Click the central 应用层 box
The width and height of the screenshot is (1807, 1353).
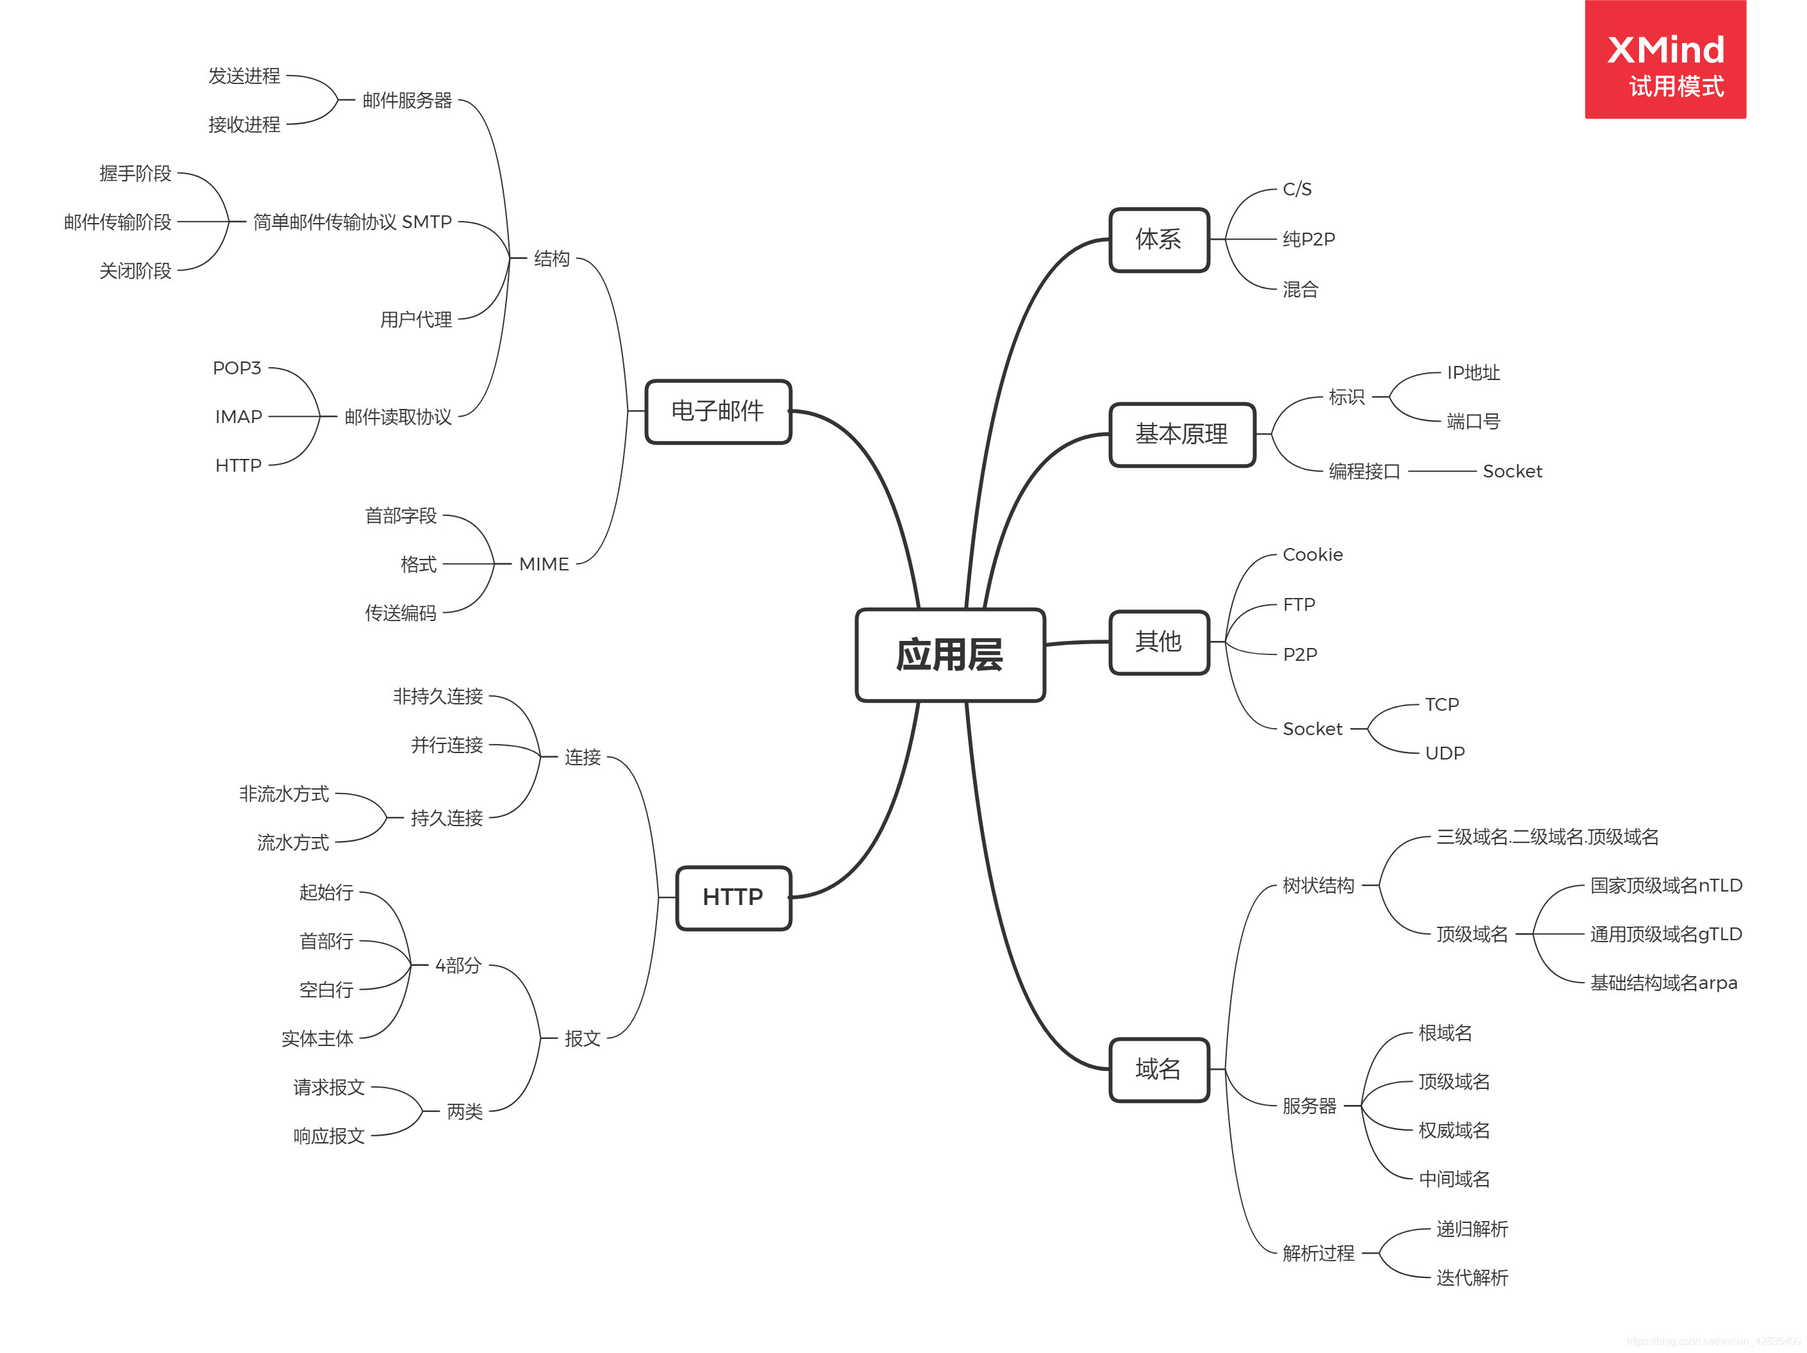949,654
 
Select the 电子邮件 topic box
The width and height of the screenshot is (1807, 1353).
717,411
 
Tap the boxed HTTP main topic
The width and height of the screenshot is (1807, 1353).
733,897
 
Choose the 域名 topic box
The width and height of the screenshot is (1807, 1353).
1158,1068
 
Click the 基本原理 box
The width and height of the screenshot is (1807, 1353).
1181,434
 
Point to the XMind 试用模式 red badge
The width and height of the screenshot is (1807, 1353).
1665,60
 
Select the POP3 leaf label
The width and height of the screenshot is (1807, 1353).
237,368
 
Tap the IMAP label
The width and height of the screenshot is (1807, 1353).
238,417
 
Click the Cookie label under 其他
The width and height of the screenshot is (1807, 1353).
1312,555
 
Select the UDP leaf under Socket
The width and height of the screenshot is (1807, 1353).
1444,753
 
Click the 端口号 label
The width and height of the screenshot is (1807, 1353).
1473,422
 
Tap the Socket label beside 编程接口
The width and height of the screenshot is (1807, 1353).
1512,472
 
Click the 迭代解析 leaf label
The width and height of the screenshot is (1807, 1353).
1472,1278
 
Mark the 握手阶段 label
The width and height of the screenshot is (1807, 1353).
136,173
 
